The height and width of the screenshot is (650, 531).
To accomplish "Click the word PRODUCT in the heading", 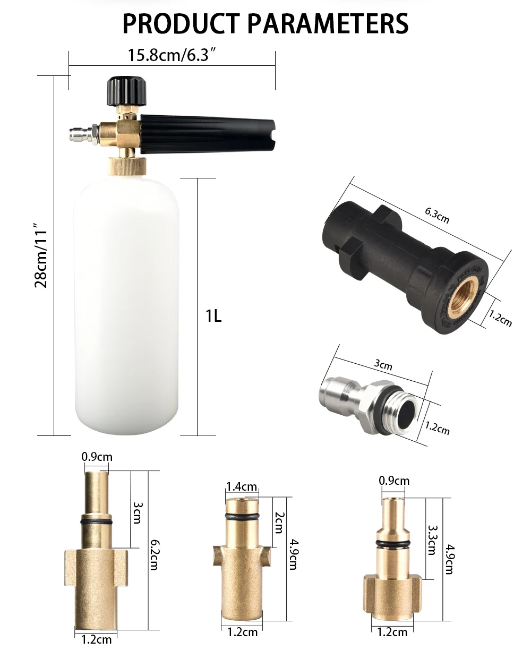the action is [x=181, y=23].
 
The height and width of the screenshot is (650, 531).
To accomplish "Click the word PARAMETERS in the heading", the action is [x=328, y=23].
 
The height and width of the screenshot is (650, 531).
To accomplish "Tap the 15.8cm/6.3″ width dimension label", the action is [x=172, y=55].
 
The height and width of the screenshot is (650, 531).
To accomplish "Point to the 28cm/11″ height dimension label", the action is [x=41, y=255].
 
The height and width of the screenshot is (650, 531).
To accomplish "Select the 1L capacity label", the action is [x=213, y=316].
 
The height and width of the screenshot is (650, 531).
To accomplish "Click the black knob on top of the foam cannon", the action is [x=127, y=91].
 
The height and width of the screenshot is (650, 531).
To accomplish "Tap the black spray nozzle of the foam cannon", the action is [x=208, y=134].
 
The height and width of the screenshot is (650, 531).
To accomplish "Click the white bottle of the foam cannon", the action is [x=126, y=305].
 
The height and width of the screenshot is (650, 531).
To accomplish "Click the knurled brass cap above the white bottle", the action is [x=127, y=166].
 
